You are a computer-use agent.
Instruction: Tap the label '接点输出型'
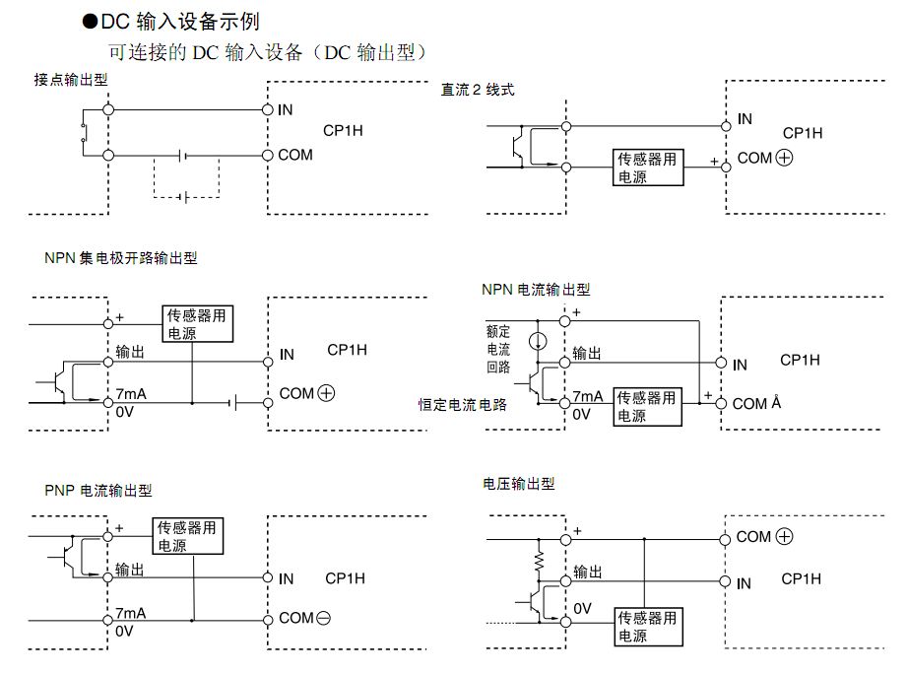coord(70,81)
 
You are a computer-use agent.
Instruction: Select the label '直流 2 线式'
coord(478,90)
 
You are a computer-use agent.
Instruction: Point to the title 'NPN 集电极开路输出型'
coord(121,258)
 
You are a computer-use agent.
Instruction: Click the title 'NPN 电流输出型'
coord(536,290)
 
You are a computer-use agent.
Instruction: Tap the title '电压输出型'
coord(519,484)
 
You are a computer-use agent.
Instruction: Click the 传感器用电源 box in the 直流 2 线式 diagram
coord(647,168)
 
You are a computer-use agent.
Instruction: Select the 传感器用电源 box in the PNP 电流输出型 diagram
coord(189,536)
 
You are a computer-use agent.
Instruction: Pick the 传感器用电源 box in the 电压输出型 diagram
coord(647,628)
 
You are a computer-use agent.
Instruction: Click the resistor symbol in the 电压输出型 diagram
coord(540,563)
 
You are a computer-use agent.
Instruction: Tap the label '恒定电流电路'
coord(462,404)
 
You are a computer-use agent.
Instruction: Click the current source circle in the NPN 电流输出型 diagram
coord(537,341)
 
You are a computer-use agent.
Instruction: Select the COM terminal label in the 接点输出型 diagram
coord(295,155)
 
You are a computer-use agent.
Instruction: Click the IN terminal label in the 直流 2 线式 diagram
coord(745,119)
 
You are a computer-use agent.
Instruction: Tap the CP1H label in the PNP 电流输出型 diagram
coord(345,578)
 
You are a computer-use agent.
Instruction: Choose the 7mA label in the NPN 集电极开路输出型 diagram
coord(130,394)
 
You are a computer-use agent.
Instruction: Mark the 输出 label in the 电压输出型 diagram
coord(587,572)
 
